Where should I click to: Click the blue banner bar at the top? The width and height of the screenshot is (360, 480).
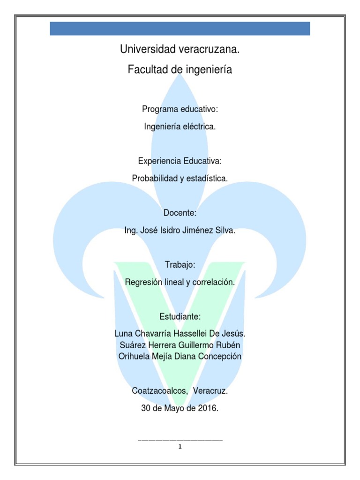point(180,28)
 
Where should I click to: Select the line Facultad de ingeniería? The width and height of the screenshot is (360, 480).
point(180,70)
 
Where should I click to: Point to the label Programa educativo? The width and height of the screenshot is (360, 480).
point(180,109)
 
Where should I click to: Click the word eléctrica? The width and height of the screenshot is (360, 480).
point(200,127)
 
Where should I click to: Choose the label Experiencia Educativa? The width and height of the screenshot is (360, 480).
point(180,161)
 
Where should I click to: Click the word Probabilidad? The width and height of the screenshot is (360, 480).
point(155,178)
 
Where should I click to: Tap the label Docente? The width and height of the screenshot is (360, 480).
point(180,213)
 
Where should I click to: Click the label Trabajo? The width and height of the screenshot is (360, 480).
point(180,265)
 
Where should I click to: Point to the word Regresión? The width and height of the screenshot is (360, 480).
point(142,282)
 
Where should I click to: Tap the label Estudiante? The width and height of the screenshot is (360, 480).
point(180,317)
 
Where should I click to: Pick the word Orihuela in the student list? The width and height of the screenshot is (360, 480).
point(134,356)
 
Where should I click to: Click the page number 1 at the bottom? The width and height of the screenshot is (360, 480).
point(180,446)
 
